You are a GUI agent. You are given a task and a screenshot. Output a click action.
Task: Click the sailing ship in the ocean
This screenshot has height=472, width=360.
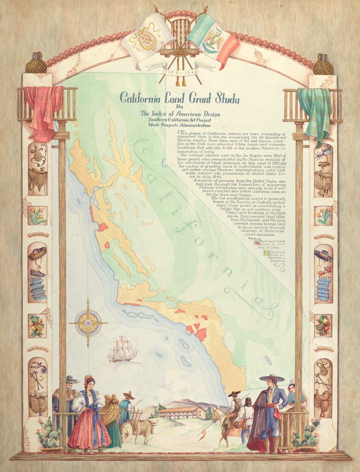pyautogui.click(x=122, y=349)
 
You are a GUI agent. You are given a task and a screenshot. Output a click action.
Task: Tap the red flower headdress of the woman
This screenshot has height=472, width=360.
pyautogui.click(x=88, y=379)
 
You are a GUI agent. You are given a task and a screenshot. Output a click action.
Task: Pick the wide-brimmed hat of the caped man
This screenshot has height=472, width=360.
pyautogui.click(x=271, y=378)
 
